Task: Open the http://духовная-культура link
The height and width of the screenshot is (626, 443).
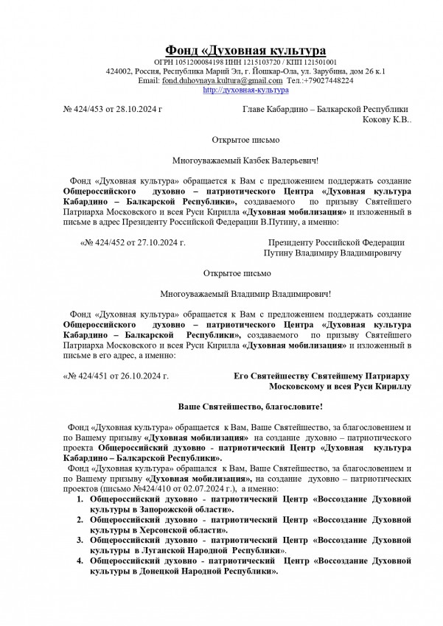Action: coord(234,89)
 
